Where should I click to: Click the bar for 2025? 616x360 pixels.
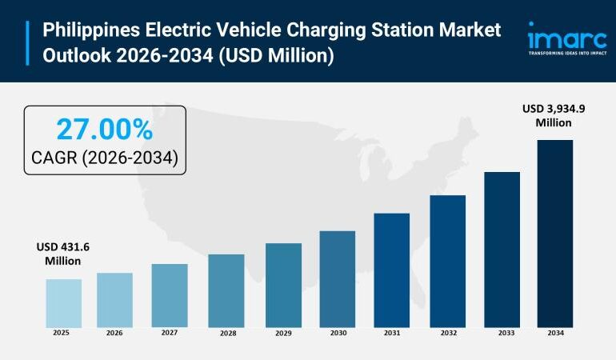(x=63, y=302)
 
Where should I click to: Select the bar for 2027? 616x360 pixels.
(x=170, y=294)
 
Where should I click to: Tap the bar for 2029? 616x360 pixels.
(x=283, y=284)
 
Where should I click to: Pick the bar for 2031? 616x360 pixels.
(x=391, y=269)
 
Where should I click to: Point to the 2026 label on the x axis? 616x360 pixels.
(x=115, y=333)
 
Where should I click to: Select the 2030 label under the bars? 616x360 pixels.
(x=337, y=333)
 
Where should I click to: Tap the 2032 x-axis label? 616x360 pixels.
(x=447, y=333)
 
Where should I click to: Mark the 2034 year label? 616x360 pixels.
(x=555, y=333)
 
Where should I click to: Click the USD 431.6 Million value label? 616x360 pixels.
(x=62, y=254)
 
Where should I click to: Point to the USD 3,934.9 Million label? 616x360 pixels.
(x=554, y=115)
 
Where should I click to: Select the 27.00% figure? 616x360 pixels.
(x=104, y=130)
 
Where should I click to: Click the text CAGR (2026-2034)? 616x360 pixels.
(x=104, y=158)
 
